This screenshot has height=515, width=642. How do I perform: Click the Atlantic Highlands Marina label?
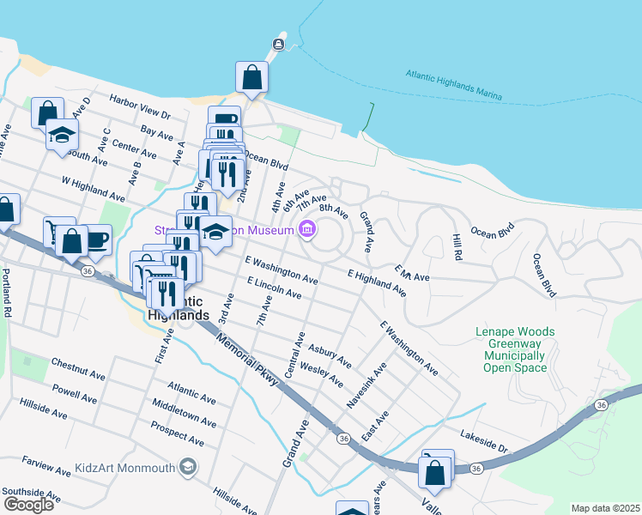click(x=453, y=86)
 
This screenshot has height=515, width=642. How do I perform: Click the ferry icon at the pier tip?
click(x=279, y=44)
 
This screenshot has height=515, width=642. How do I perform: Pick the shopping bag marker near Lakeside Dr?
click(x=435, y=473)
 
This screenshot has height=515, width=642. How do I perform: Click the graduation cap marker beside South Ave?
click(x=62, y=135)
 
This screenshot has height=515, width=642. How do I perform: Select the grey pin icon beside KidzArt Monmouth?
click(x=188, y=467)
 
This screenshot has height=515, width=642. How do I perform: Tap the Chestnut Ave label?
click(x=78, y=369)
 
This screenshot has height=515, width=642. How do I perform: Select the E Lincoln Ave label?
click(x=273, y=288)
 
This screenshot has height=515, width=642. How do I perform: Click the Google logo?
click(x=28, y=505)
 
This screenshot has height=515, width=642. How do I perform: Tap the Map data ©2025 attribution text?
click(x=604, y=508)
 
